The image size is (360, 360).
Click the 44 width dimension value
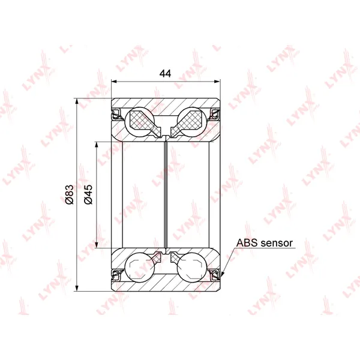[x=166, y=73]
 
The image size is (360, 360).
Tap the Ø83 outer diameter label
[x=69, y=194]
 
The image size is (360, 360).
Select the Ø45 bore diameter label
[x=88, y=194]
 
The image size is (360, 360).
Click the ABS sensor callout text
[x=265, y=243]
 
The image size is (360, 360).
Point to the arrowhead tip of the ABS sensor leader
[x=221, y=279]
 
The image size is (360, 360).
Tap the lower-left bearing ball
[x=140, y=267]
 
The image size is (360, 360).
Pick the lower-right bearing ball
[x=192, y=267]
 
